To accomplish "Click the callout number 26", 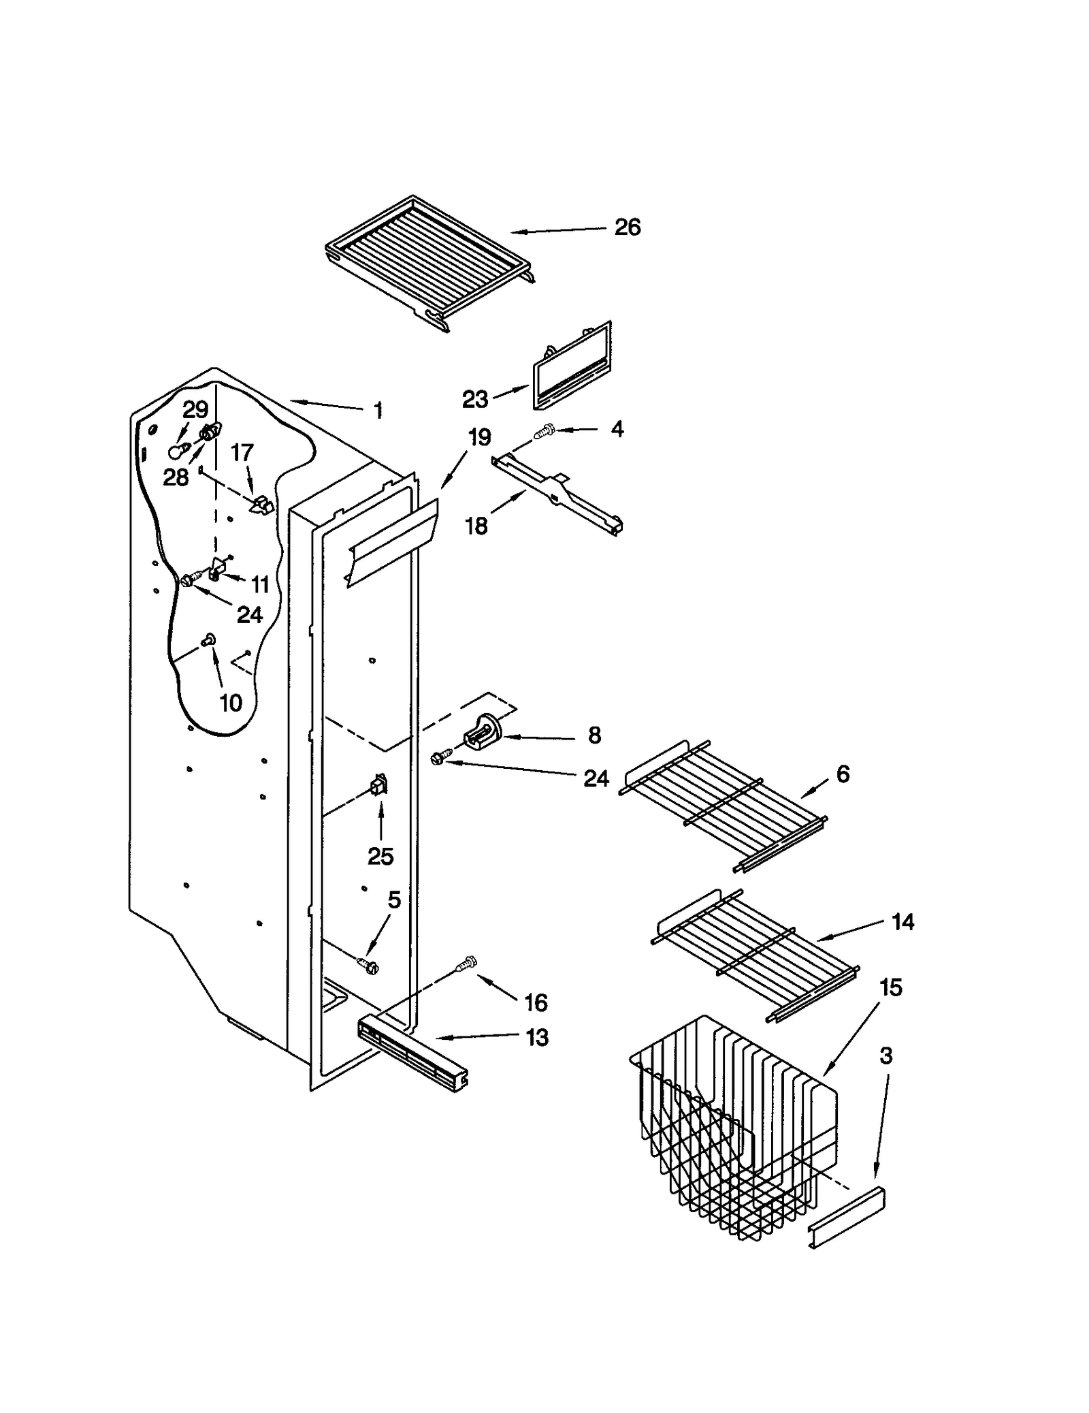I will point(627,227).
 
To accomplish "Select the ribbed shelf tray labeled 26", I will point(429,262).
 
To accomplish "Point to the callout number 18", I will point(476,526).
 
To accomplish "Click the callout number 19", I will point(479,437).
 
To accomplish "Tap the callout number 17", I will point(242,452).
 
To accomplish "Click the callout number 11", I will point(260,584).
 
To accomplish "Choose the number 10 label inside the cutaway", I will point(231,703).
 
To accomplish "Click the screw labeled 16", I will point(467,964).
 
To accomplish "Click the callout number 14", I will point(903,922).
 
